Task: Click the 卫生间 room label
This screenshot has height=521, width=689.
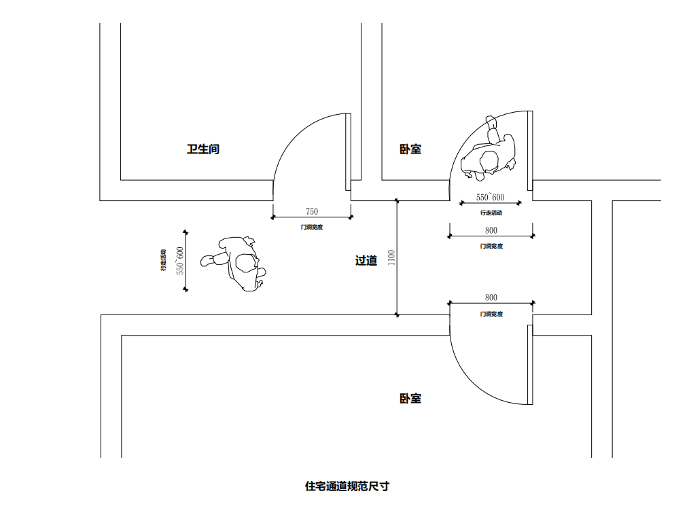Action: pos(203,149)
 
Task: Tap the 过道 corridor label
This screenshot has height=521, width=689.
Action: pos(366,260)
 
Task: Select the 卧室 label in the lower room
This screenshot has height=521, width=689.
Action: pos(410,398)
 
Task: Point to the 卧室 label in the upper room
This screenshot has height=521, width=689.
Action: pos(410,149)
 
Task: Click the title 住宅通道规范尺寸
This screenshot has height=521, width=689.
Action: pos(347,486)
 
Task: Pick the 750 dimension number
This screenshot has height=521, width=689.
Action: pos(312,211)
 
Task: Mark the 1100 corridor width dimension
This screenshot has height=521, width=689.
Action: pos(391,258)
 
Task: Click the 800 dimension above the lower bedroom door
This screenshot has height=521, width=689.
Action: pos(491,298)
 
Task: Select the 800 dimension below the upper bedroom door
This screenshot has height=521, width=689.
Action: pos(491,230)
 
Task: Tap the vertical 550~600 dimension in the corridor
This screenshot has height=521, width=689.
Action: pos(180,260)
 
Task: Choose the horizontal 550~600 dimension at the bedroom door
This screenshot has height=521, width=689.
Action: pos(490,198)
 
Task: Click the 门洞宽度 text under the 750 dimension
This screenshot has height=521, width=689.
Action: pos(312,227)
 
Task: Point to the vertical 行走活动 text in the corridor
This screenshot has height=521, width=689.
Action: pos(164,260)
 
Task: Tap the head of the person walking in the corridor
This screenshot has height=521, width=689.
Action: pos(243,263)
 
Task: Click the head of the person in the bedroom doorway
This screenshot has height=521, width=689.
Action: pos(489,160)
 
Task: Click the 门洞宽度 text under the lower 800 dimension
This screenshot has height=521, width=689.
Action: pos(491,314)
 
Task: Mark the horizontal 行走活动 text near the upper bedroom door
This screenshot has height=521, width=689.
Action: pos(491,213)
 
